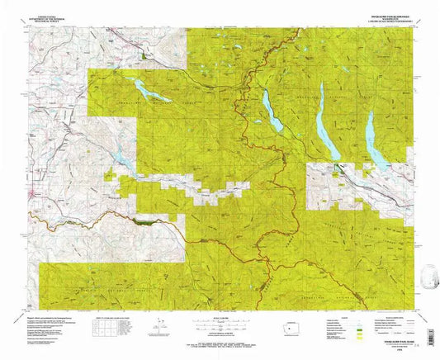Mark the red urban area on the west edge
coord(33,195)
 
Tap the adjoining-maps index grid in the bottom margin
coord(102,326)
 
